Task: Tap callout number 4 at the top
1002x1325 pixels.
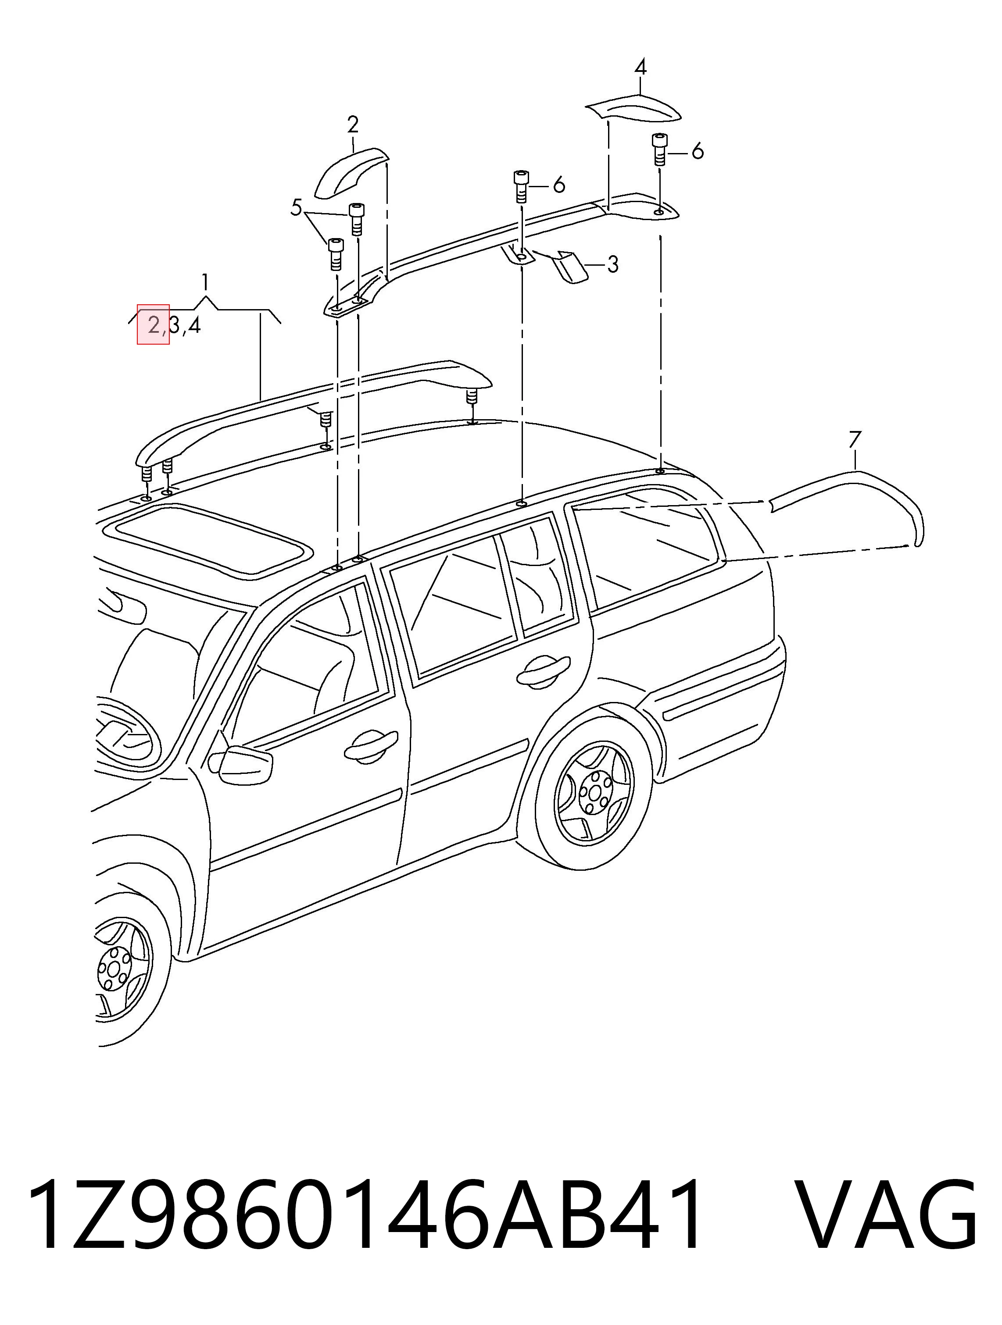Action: [640, 67]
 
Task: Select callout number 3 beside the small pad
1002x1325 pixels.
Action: [612, 264]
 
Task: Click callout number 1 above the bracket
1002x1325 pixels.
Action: [206, 281]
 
